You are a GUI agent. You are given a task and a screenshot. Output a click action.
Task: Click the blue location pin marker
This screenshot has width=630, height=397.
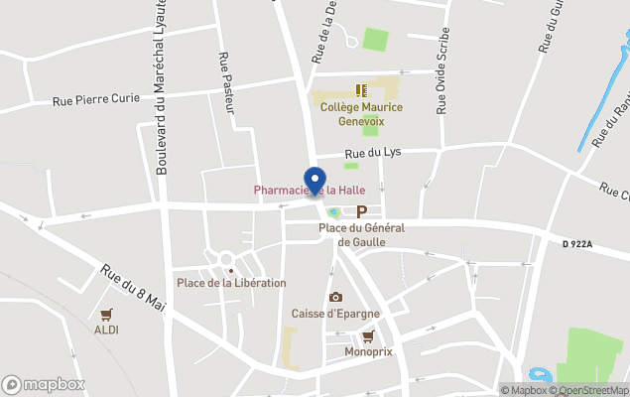[x=315, y=182]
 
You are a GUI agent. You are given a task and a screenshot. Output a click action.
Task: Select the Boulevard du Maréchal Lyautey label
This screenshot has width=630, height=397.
[x=162, y=89]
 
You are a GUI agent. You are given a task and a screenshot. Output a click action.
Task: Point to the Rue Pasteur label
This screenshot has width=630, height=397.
[x=225, y=82]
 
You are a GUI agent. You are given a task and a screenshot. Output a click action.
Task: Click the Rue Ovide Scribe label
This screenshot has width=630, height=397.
[x=441, y=73]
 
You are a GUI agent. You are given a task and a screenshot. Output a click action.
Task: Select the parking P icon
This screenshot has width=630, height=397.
[x=361, y=210]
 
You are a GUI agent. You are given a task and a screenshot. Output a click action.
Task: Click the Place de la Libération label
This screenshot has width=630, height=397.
[x=231, y=283]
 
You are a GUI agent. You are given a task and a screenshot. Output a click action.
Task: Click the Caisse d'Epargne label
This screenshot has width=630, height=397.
[x=335, y=314]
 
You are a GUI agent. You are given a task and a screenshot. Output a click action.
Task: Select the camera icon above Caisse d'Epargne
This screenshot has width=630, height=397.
[x=335, y=297]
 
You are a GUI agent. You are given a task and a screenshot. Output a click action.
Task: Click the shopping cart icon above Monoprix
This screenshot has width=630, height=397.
[x=368, y=336]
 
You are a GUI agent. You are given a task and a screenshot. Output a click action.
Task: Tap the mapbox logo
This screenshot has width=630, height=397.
[x=45, y=384]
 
